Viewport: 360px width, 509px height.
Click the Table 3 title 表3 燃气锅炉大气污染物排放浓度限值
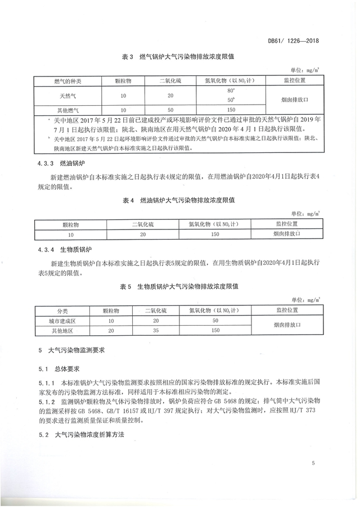click(179, 57)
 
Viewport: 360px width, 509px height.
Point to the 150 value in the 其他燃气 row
click(231, 110)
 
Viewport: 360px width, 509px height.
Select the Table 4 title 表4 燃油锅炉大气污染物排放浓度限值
click(179, 200)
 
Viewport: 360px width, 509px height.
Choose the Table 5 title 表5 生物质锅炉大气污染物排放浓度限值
click(179, 286)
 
